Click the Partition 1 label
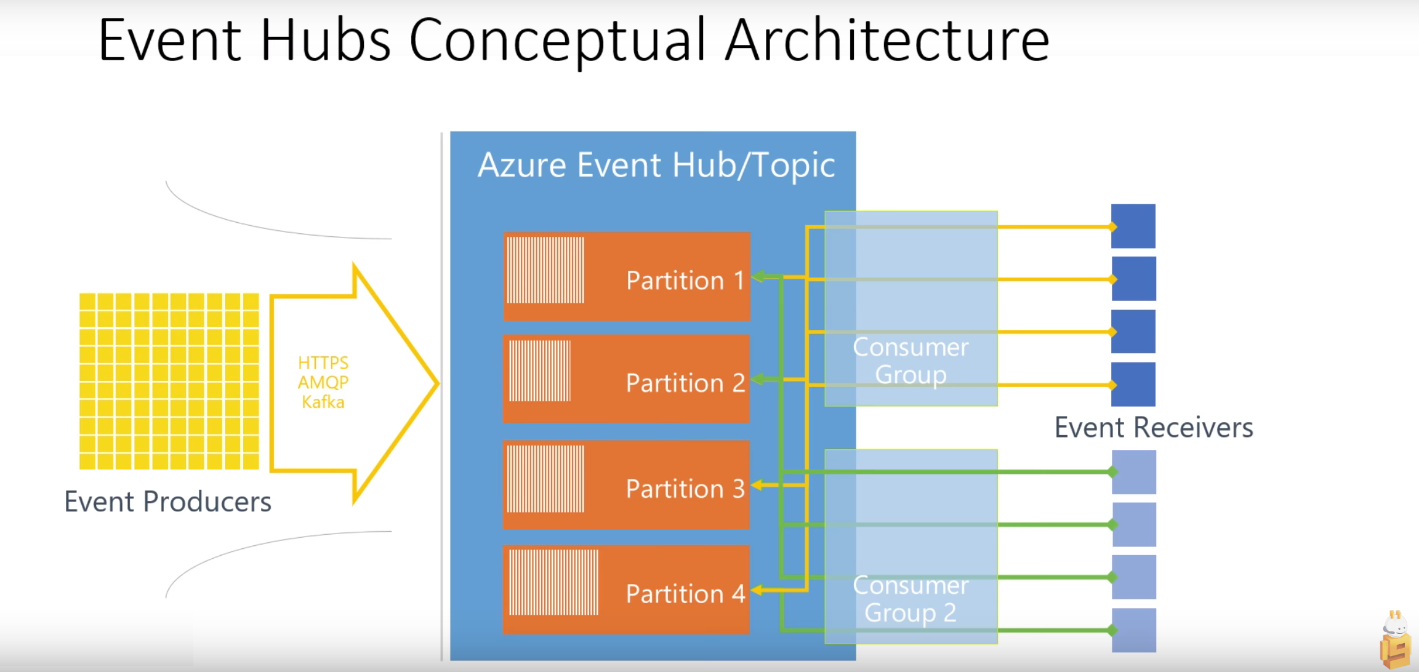point(685,281)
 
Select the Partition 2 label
point(685,383)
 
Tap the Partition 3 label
point(685,489)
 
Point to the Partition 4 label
point(685,594)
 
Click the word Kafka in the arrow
point(323,402)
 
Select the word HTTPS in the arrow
point(323,362)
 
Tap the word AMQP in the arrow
point(323,382)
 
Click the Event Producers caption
point(167,502)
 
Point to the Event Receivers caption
point(1154,428)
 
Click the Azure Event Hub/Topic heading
point(656,165)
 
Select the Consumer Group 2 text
point(910,599)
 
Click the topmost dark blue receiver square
point(1133,226)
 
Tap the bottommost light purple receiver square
point(1134,630)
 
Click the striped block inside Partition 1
point(545,270)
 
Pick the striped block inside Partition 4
point(553,582)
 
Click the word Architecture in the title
point(886,40)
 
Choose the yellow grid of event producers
point(169,381)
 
